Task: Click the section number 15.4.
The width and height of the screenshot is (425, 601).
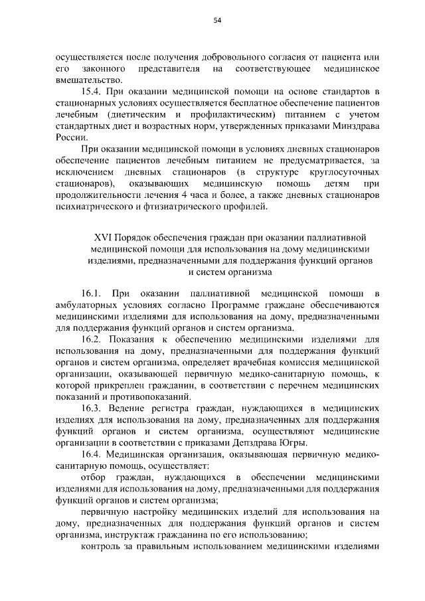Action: [x=92, y=90]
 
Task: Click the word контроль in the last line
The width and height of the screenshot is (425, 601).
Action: [x=100, y=549]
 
